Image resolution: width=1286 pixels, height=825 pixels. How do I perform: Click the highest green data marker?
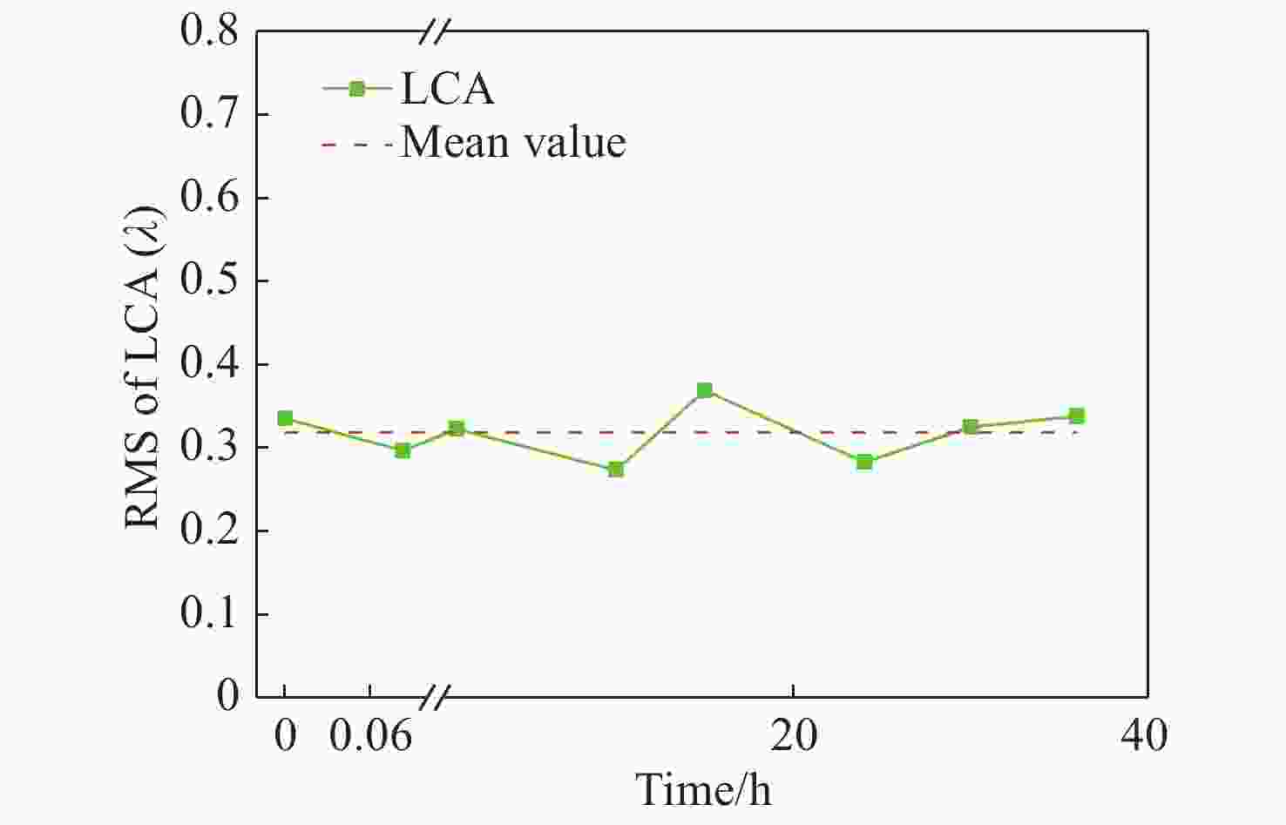pyautogui.click(x=704, y=390)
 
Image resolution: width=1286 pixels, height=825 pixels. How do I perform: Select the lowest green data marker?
pyautogui.click(x=616, y=470)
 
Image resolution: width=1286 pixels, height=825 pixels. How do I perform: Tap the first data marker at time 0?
pyautogui.click(x=285, y=419)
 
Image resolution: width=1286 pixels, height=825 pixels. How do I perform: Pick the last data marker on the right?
pyautogui.click(x=1077, y=416)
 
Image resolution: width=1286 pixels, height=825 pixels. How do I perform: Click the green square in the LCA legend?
pyautogui.click(x=356, y=88)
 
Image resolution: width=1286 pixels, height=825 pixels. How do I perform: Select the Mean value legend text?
pyautogui.click(x=513, y=142)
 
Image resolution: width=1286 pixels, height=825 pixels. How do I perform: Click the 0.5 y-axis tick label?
pyautogui.click(x=209, y=281)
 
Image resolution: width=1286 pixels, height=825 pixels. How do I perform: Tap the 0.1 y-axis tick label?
pyautogui.click(x=209, y=614)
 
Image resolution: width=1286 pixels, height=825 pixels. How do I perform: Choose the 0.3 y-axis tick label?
pyautogui.click(x=209, y=448)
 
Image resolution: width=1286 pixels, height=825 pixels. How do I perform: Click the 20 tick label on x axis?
pyautogui.click(x=794, y=736)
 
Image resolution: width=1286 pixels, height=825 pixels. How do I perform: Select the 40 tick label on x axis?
pyautogui.click(x=1144, y=736)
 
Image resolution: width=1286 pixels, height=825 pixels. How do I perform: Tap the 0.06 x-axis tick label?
pyautogui.click(x=370, y=736)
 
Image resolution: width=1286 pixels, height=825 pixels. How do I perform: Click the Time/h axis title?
pyautogui.click(x=704, y=789)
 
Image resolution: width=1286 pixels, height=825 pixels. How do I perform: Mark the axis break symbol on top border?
pyautogui.click(x=433, y=32)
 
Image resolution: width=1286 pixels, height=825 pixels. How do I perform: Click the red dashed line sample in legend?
pyautogui.click(x=356, y=143)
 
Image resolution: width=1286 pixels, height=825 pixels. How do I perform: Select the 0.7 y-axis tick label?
pyautogui.click(x=209, y=115)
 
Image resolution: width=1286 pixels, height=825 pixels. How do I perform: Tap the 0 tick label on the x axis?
pyautogui.click(x=285, y=736)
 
